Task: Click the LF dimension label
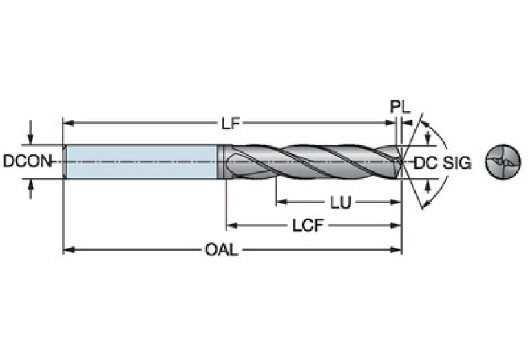click(230, 124)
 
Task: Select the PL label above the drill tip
click(400, 107)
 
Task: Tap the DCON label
click(27, 162)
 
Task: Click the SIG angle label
click(457, 162)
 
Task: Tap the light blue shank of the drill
click(141, 162)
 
